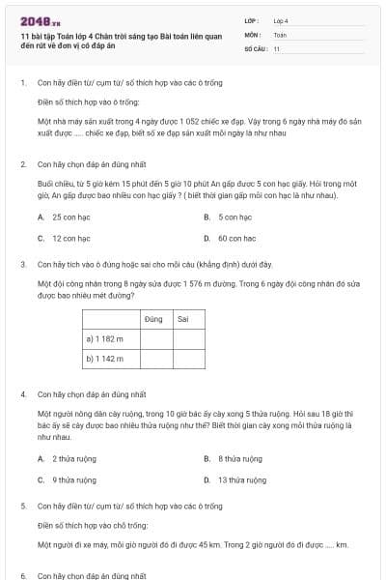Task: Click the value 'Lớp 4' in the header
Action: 281,19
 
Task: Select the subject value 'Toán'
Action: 280,33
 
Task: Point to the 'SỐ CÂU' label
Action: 256,47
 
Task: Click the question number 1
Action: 22,83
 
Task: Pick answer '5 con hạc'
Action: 234,217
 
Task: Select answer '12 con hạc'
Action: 70,238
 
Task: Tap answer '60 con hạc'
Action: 236,238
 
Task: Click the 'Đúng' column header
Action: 153,318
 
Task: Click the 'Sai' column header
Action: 183,318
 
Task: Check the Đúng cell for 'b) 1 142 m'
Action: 153,359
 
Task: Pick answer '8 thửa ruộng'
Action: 239,459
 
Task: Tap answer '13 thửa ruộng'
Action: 241,479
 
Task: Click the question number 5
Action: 22,506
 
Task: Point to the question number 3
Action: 22,263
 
